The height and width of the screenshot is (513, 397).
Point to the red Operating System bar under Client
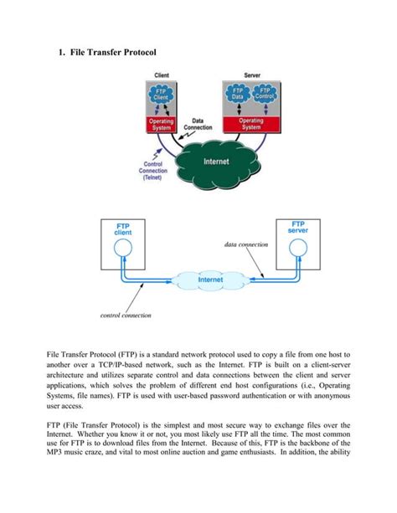point(162,122)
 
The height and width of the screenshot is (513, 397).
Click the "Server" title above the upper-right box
point(250,76)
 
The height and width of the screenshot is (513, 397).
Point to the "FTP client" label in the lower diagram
point(123,228)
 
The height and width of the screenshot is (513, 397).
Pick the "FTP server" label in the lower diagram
point(297,227)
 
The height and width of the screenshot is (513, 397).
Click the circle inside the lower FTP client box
point(123,249)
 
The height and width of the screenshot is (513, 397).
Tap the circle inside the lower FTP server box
point(297,249)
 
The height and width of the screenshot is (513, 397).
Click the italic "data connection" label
point(246,244)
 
